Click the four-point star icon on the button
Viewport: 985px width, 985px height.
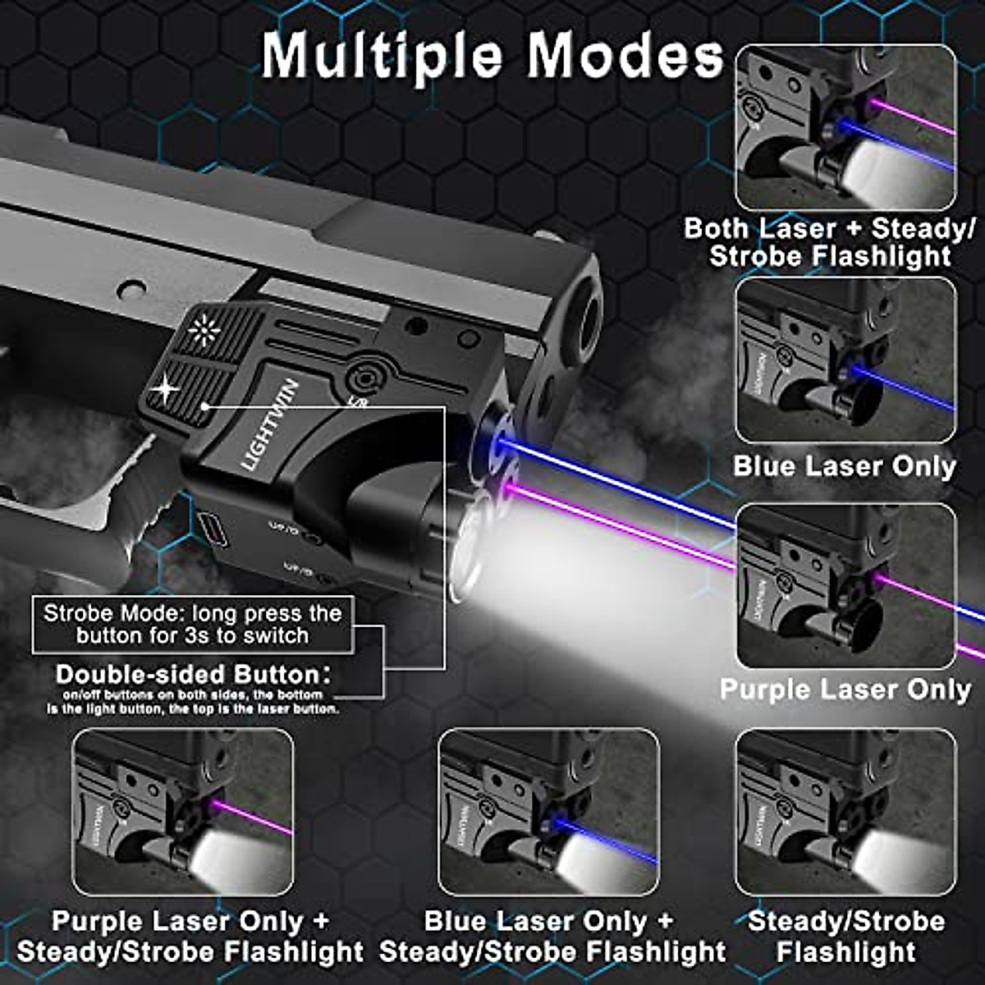[167, 388]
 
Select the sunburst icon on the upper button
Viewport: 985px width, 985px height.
[202, 330]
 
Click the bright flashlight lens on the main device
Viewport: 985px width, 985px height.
[472, 550]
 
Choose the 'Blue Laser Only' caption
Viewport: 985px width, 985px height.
[845, 466]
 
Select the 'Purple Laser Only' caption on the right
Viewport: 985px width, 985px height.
[845, 689]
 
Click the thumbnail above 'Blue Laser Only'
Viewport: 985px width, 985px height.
[845, 361]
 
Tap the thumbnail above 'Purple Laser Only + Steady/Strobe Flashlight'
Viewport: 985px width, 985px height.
[183, 812]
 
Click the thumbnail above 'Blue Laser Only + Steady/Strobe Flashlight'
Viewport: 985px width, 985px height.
[548, 812]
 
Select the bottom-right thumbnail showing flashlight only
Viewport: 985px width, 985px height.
[845, 812]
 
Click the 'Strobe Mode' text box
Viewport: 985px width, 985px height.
[193, 625]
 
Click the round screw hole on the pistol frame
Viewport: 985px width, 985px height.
[131, 290]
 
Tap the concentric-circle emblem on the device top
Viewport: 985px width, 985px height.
[361, 378]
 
